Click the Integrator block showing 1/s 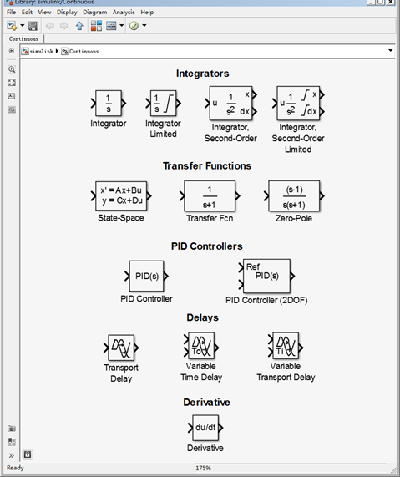(109, 103)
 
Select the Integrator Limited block (164, 103)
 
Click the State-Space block (121, 196)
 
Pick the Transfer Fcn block (210, 196)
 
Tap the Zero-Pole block (294, 196)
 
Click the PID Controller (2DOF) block (266, 276)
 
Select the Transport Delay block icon (121, 348)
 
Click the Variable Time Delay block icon (201, 346)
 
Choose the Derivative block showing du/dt (205, 428)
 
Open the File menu (11, 13)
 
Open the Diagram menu (95, 13)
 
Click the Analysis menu (124, 13)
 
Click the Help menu (147, 13)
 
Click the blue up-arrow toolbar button (79, 26)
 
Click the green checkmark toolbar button (134, 26)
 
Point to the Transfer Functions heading (207, 165)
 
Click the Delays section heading (203, 317)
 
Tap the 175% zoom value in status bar (203, 468)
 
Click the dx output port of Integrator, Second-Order (255, 112)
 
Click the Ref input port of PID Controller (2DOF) (241, 267)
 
